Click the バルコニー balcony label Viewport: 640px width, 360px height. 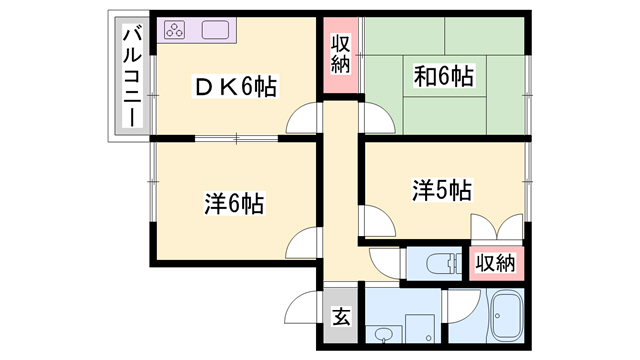(x=130, y=75)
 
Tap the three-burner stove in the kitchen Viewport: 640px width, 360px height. (x=175, y=30)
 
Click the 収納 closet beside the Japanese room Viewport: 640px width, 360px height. (x=340, y=56)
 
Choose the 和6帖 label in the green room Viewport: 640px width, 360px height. (x=443, y=75)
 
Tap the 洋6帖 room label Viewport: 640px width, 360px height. (x=235, y=204)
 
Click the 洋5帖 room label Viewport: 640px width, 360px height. (x=441, y=189)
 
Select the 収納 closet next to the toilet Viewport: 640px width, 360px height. (x=495, y=263)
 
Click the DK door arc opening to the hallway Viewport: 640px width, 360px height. (x=303, y=120)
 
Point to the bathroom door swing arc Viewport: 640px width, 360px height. (x=460, y=304)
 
